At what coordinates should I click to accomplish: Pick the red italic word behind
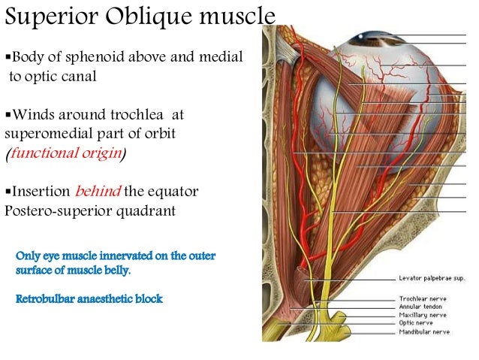[x=98, y=192]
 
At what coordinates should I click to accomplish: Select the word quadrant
[x=148, y=210]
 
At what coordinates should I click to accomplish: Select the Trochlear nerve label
[x=421, y=299]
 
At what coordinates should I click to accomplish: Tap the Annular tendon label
[x=420, y=307]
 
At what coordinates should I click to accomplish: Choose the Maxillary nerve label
[x=421, y=316]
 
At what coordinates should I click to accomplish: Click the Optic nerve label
[x=414, y=323]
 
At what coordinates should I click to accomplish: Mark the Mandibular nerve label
[x=423, y=331]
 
